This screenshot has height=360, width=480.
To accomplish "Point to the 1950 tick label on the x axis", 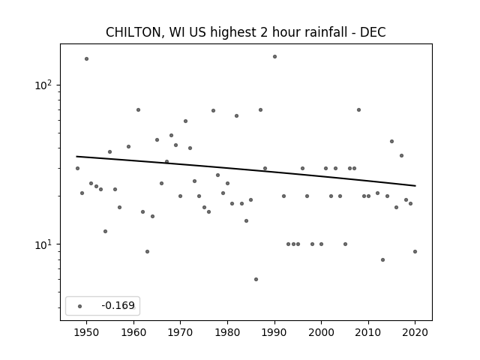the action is coord(87,332).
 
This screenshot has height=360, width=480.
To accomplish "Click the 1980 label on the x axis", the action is coord(227,332).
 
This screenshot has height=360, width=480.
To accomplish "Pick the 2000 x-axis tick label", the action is coord(322,332).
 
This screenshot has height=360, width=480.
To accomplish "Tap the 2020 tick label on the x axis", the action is coord(415,332).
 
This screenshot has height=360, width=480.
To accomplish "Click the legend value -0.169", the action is coord(118,305).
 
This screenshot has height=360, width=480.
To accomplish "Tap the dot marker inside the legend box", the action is coord(80,306).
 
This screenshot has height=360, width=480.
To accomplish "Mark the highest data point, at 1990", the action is coord(275,57).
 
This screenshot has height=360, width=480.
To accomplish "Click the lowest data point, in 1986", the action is coord(256,279).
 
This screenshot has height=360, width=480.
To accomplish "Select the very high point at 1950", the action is coord(87,58).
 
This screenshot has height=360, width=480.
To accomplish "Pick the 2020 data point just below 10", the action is coord(415,252).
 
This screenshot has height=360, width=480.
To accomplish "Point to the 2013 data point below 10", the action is coord(382,260).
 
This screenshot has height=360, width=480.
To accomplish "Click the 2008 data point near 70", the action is coord(358,110).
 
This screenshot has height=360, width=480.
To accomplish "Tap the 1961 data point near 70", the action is coord(138,110).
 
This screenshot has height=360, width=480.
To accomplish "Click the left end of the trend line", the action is coord(76,157).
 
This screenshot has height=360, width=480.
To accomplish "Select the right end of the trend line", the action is coord(415,186).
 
